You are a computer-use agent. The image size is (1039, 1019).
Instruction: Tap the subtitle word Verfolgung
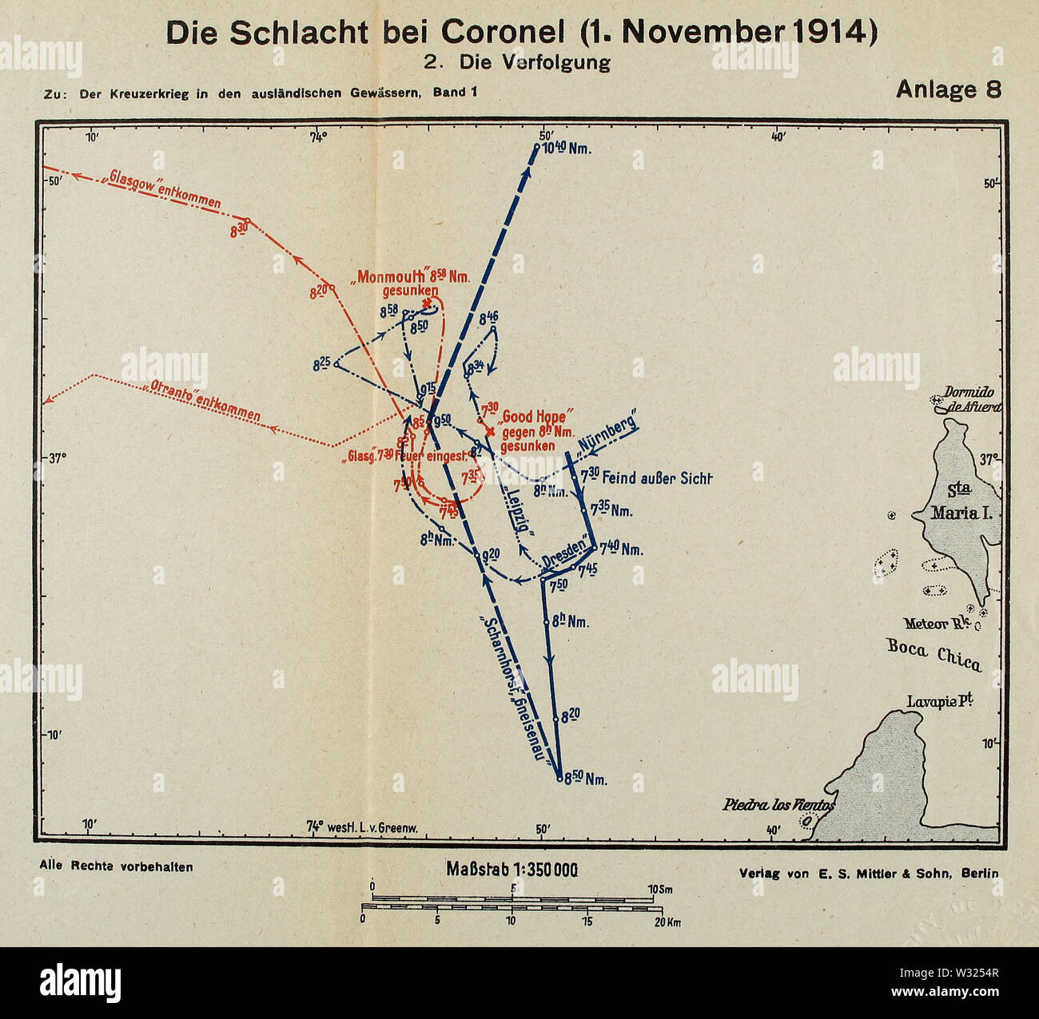pos(557,61)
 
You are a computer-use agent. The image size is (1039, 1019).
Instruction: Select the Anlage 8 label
pos(948,89)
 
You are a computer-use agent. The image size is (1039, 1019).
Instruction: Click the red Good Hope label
pos(533,417)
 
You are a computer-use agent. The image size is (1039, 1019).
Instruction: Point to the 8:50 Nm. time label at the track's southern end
pos(586,779)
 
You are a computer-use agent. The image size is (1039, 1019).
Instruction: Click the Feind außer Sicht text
pos(655,478)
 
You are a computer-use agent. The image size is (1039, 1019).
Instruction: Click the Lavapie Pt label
pos(939,701)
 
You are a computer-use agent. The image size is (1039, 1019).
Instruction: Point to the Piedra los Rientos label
pos(778,804)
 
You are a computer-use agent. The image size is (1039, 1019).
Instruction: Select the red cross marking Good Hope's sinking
pos(490,430)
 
